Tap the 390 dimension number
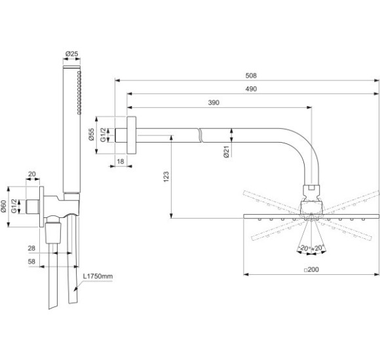(x=214, y=103)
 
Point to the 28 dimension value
(x=31, y=248)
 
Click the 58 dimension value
(x=31, y=261)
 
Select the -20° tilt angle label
(x=304, y=248)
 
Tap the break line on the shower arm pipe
(x=199, y=136)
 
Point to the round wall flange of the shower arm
(x=132, y=136)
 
